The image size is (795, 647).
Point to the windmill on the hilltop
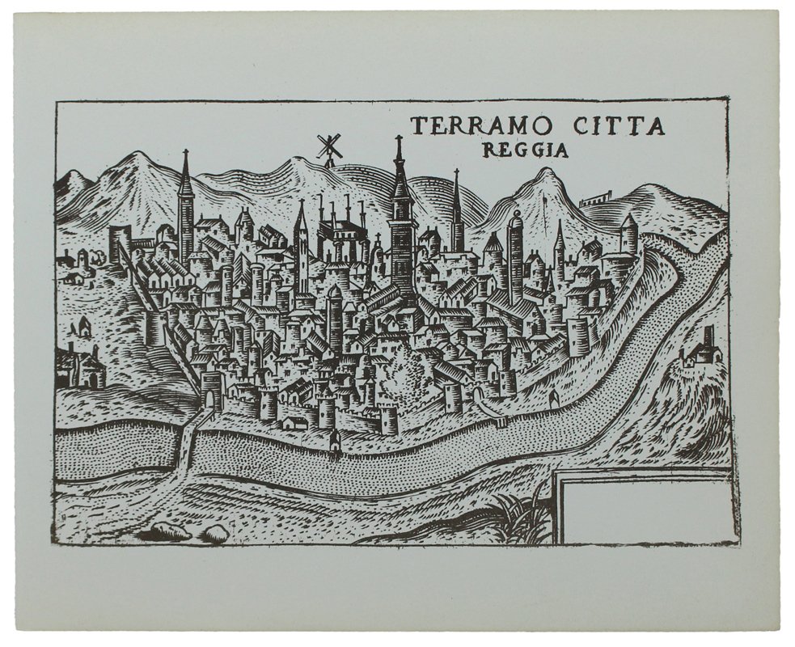pos(327,147)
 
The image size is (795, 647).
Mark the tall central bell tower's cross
pos(398,142)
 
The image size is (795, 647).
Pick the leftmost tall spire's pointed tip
pos(185,153)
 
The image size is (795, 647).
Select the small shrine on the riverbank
pos(334,440)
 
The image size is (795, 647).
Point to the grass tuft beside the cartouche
pos(518,518)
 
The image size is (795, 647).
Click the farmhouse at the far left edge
pos(78,368)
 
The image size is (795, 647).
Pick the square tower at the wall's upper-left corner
pos(120,243)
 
